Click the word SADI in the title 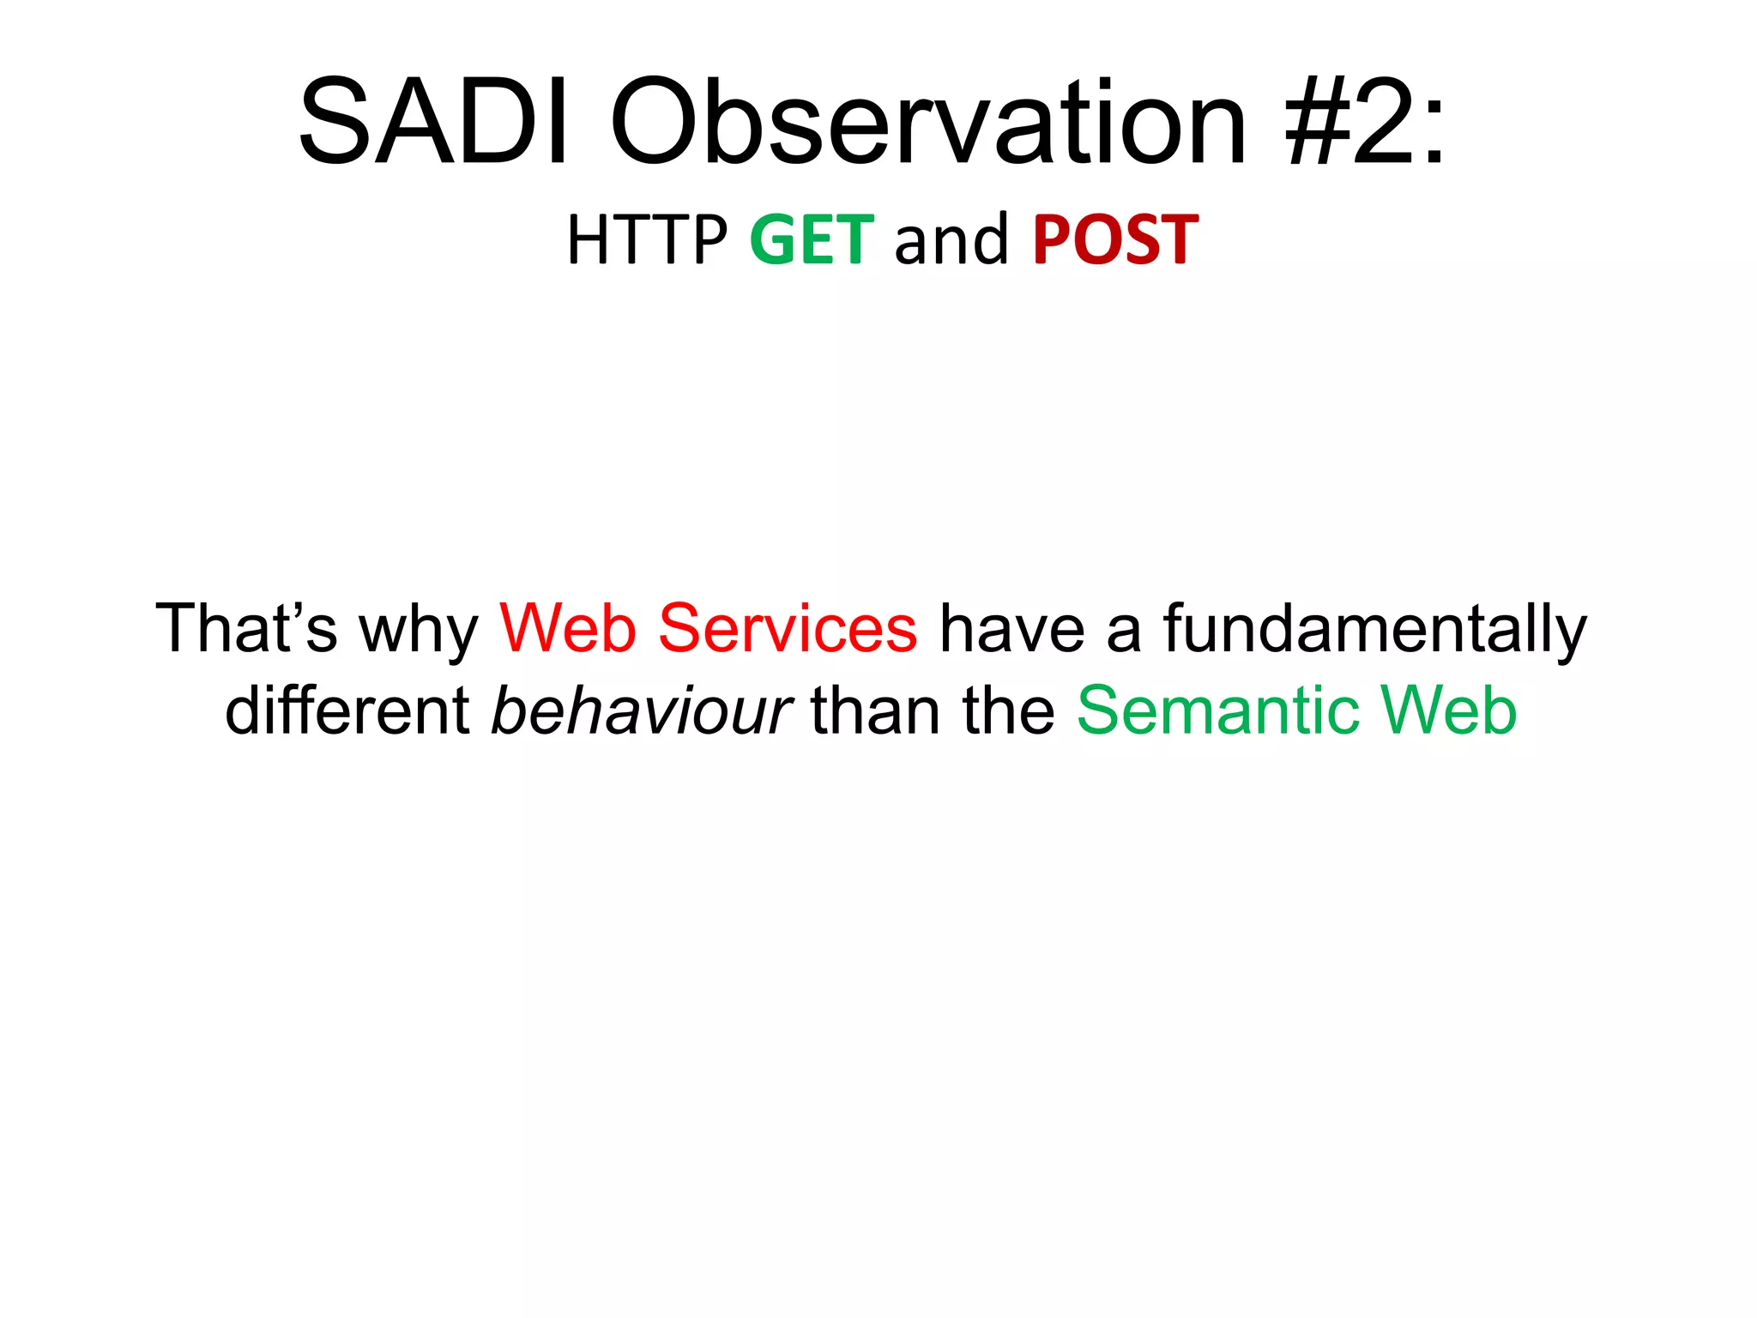tap(433, 123)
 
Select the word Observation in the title tap(927, 123)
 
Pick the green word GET tap(812, 240)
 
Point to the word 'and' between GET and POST tap(951, 240)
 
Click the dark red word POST tap(1115, 240)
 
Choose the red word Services tap(788, 628)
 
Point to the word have tap(1012, 628)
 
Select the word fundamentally tap(1375, 628)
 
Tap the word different tap(347, 710)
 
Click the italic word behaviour tap(641, 710)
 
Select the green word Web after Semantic tap(1449, 710)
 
